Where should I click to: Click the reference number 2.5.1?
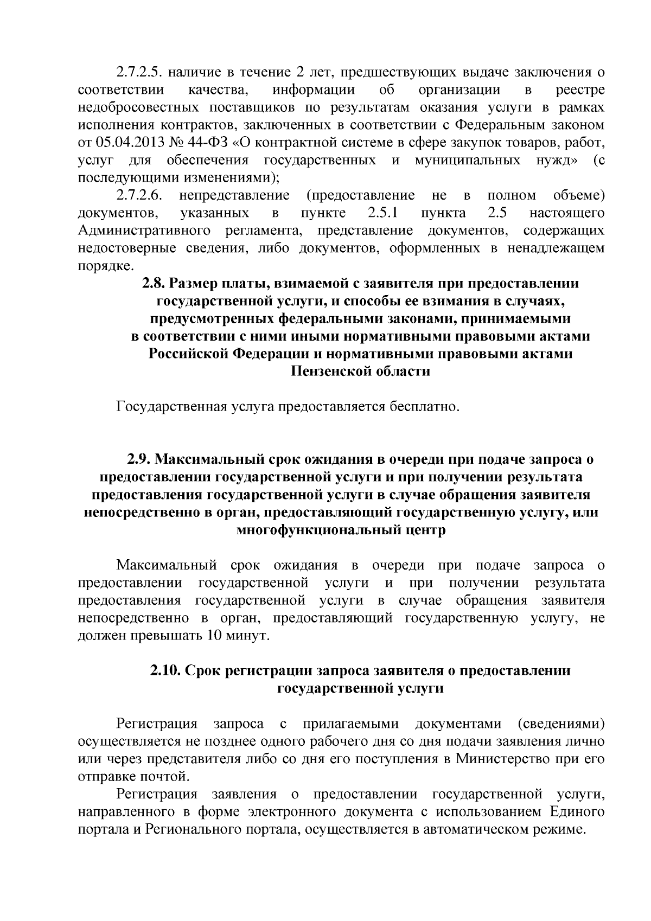click(374, 213)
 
